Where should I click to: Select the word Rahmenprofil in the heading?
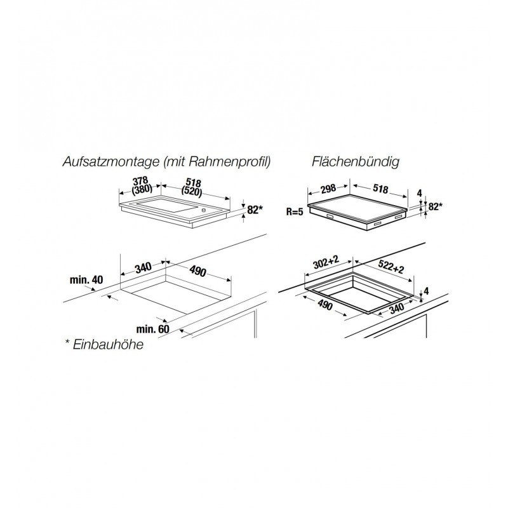(229, 162)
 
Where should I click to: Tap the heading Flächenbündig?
(356, 162)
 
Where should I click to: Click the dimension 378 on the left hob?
(140, 181)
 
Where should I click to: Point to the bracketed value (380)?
(142, 189)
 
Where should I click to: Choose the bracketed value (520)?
(192, 191)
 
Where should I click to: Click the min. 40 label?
(86, 279)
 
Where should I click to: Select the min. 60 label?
(152, 329)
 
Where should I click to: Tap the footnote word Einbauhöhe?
(108, 344)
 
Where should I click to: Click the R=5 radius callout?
(295, 212)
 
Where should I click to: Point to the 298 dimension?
(328, 189)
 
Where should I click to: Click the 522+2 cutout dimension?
(391, 267)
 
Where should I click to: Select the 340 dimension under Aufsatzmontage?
(144, 268)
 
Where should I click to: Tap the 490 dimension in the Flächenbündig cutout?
(325, 305)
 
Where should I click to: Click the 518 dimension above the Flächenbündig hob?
(380, 188)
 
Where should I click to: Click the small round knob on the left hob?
(204, 210)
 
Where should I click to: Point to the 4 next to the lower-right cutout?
(426, 291)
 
